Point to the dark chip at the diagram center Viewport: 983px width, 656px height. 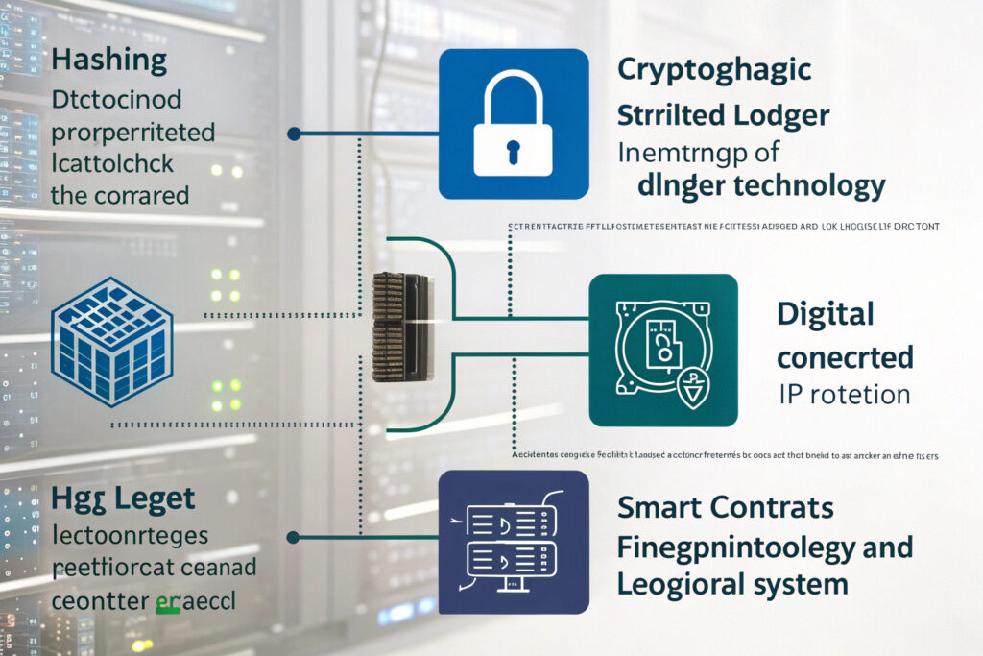(398, 327)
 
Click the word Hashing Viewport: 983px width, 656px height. (108, 60)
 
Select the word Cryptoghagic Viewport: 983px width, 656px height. (714, 70)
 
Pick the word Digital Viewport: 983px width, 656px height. (825, 314)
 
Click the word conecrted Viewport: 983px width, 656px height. (844, 357)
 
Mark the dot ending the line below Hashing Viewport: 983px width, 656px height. (294, 134)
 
